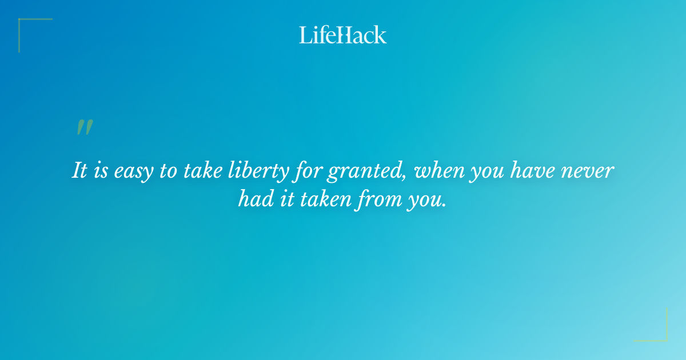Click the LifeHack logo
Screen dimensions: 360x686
point(343,35)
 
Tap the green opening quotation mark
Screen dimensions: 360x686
point(85,127)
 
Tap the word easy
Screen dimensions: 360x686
point(132,171)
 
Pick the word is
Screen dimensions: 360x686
point(101,171)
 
